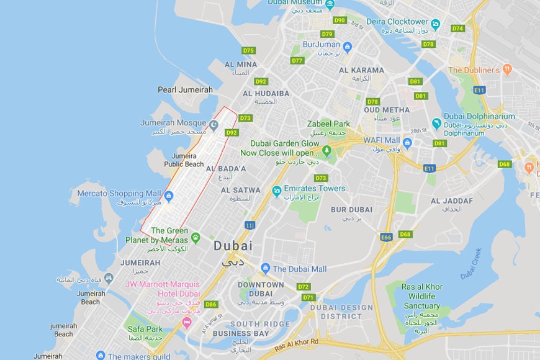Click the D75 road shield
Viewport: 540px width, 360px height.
(x=249, y=50)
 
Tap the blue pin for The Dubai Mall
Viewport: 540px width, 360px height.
(x=266, y=268)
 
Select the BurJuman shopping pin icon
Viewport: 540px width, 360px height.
(x=347, y=47)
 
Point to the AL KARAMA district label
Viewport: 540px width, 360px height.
(x=361, y=70)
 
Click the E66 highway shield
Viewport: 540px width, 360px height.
(x=386, y=237)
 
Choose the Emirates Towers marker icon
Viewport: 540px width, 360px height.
(x=276, y=189)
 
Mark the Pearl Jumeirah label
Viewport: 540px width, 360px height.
(x=185, y=90)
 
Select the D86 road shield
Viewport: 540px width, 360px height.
(x=211, y=304)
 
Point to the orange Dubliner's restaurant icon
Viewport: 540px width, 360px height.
(x=507, y=70)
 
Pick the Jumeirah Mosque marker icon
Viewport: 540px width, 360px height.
(x=214, y=125)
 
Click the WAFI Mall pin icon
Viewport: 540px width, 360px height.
(x=407, y=144)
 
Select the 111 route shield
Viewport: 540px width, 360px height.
(x=250, y=225)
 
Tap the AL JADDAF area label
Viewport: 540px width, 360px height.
(x=451, y=200)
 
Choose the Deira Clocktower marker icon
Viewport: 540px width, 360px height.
(x=436, y=24)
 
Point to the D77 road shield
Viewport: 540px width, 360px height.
(x=297, y=60)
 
